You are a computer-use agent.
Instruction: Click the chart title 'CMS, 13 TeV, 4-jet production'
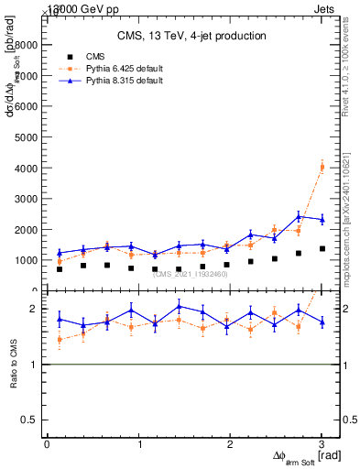[x=193, y=36]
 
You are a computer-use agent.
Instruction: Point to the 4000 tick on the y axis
[x=26, y=168]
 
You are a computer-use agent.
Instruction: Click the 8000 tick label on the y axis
[x=26, y=44]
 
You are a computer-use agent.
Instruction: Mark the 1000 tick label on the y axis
[x=26, y=260]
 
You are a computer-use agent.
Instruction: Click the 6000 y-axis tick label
[x=26, y=106]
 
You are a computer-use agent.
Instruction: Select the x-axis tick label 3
[x=322, y=443]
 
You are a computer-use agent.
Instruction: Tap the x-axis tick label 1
[x=138, y=443]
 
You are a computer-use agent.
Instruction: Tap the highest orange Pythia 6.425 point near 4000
[x=322, y=167]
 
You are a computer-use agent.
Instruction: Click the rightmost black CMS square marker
[x=322, y=248]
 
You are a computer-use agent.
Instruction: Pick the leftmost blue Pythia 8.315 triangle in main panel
[x=60, y=253]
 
